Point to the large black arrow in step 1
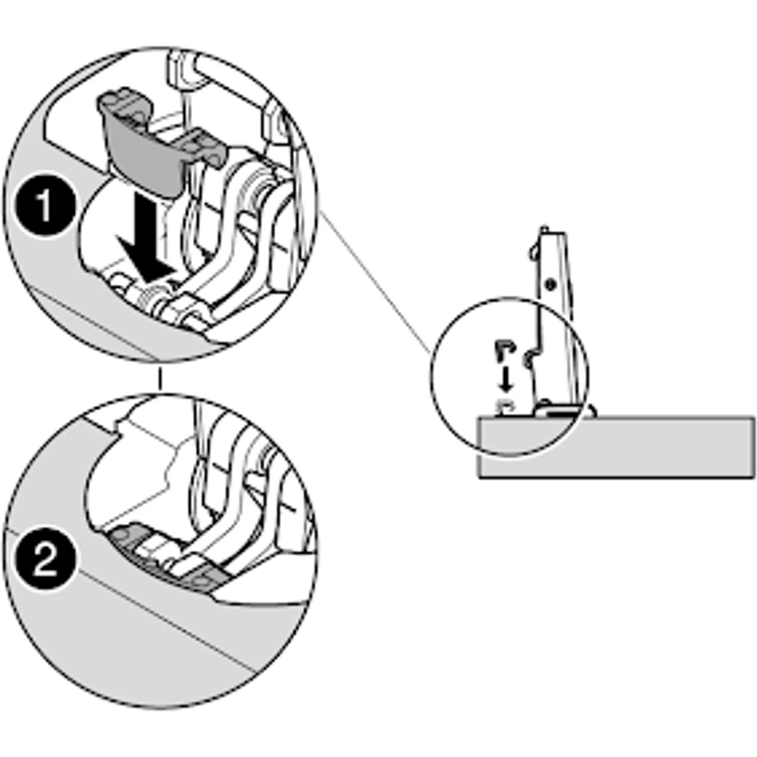coord(144,237)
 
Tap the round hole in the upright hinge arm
coord(551,284)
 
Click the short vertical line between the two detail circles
coord(159,379)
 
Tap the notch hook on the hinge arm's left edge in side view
coord(528,359)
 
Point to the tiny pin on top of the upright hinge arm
coord(544,229)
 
